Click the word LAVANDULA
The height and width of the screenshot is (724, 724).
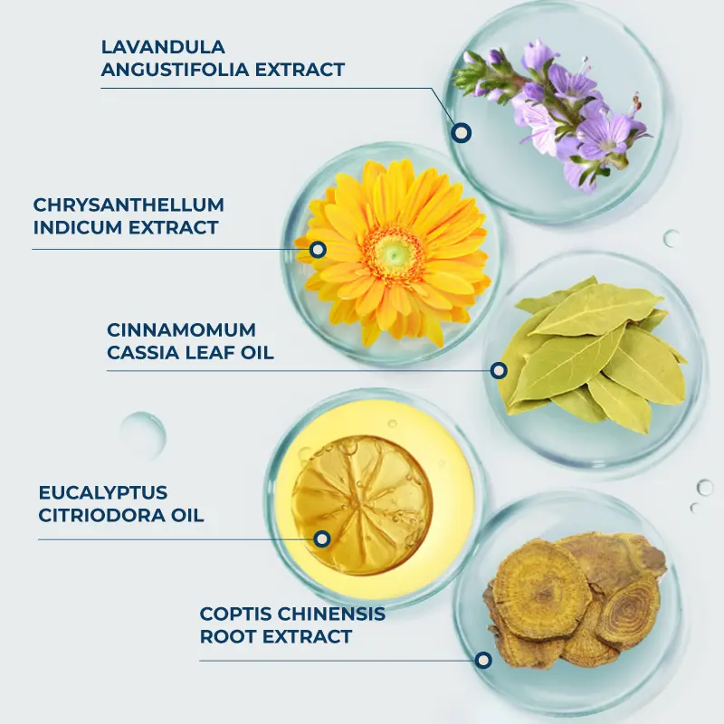[163, 47]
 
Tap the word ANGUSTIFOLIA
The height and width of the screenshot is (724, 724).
[175, 70]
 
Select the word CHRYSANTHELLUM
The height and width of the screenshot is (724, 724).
[129, 205]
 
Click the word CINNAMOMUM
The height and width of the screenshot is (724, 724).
[182, 330]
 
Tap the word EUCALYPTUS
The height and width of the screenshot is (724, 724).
[103, 492]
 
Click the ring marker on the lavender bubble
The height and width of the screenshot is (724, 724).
[461, 132]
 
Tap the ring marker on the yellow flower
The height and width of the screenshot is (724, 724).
[318, 250]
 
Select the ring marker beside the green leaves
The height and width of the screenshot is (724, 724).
[499, 370]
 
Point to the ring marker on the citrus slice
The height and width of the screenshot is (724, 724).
[322, 538]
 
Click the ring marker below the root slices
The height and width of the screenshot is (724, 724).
[483, 661]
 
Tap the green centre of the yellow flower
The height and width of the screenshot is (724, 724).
[393, 253]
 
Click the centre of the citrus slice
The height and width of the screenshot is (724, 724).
[362, 505]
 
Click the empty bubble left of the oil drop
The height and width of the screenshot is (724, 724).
[143, 435]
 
